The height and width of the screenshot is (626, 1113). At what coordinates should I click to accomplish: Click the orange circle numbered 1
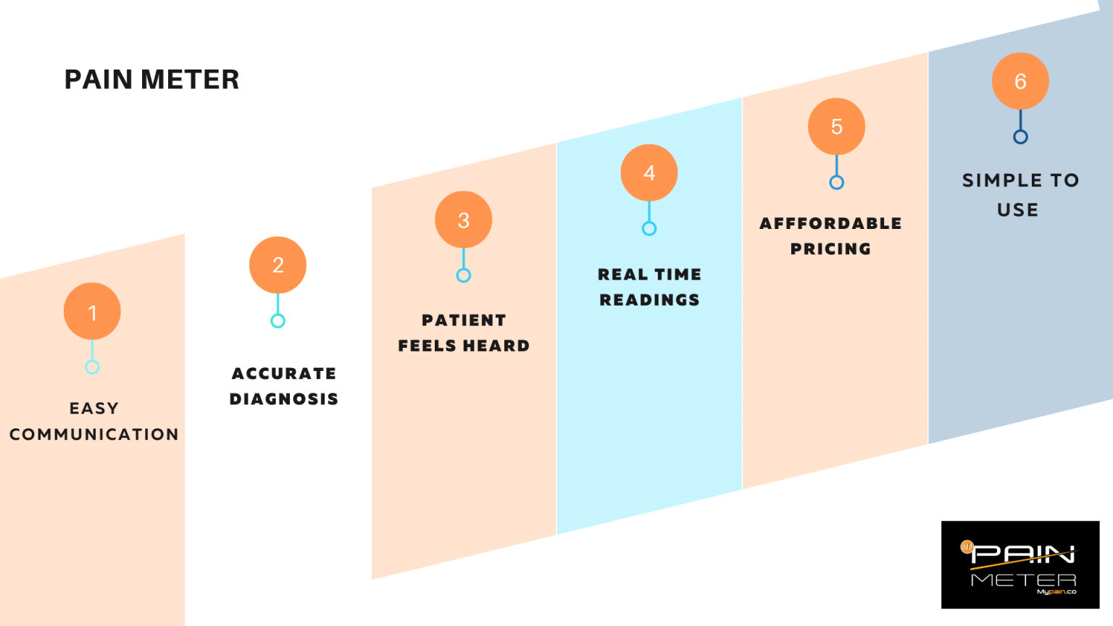[92, 312]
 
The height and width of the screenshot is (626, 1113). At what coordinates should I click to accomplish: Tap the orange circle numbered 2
[278, 265]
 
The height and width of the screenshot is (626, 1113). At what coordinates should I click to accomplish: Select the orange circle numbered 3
[464, 220]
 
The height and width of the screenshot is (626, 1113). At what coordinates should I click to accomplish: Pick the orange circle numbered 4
[649, 172]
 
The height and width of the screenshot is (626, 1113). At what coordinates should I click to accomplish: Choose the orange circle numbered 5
[836, 127]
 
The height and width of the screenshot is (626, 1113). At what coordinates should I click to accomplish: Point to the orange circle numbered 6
[1020, 81]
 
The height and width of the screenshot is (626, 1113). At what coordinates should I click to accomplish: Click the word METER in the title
[190, 80]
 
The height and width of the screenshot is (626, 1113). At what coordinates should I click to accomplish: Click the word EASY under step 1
[94, 409]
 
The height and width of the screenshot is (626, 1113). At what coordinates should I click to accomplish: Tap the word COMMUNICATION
[94, 435]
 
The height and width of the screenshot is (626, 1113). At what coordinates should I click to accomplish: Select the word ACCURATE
[284, 374]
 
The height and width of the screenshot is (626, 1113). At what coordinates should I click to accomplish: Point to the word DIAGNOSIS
[284, 399]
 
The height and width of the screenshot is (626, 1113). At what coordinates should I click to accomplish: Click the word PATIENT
[464, 320]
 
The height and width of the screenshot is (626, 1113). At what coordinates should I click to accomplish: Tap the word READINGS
[649, 300]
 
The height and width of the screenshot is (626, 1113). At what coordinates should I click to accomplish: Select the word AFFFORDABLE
[830, 224]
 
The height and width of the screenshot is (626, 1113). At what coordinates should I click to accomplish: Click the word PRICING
[830, 249]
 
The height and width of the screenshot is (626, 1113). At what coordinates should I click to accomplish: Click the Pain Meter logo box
[1020, 564]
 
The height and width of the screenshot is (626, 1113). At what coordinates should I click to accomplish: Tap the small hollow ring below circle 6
[1020, 137]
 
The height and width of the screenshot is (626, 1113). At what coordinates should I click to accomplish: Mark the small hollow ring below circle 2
[278, 321]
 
